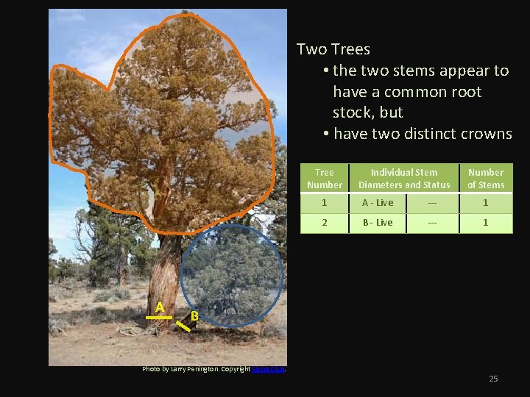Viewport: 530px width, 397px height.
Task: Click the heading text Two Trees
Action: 333,49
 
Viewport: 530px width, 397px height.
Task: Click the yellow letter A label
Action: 159,307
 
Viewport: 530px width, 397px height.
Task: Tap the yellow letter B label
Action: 194,315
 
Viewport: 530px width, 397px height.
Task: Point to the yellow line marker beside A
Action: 158,318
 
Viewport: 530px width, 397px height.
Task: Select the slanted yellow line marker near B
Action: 183,326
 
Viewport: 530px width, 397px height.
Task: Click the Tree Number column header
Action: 325,179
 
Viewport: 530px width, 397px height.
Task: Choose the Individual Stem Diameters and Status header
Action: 403,179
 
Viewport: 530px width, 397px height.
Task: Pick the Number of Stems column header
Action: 486,179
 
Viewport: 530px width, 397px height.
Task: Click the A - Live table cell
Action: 377,203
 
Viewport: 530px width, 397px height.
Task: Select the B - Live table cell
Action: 377,223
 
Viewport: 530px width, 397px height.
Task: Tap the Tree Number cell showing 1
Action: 325,203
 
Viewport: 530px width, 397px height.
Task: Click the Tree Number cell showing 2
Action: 325,223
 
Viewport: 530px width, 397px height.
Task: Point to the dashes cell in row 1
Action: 432,203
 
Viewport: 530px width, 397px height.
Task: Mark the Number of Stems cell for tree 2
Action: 486,223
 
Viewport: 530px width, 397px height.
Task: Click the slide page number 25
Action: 493,379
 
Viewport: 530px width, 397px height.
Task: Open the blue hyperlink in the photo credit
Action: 268,369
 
